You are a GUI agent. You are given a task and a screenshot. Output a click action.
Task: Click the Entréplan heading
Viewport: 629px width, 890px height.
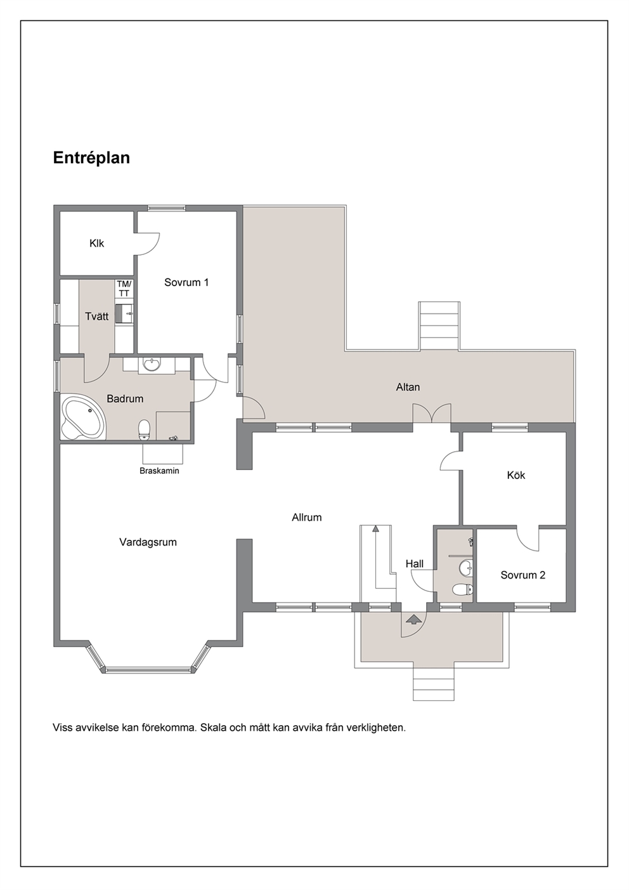click(x=91, y=158)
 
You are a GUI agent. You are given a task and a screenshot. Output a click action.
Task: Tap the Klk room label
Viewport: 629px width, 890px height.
click(x=96, y=243)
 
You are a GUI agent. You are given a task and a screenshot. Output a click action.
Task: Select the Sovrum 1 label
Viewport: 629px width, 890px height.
click(x=186, y=282)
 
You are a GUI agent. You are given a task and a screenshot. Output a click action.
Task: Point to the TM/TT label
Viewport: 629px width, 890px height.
click(x=124, y=289)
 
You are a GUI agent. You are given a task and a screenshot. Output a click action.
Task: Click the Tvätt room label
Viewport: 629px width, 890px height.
click(x=96, y=317)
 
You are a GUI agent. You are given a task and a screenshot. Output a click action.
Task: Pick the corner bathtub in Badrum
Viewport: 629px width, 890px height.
click(x=84, y=417)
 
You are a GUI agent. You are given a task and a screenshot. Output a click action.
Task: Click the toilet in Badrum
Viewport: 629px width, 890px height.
click(x=144, y=430)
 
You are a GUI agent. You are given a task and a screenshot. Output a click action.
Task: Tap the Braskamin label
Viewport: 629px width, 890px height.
click(x=159, y=471)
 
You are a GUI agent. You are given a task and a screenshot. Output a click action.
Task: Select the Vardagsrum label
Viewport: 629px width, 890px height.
click(x=148, y=542)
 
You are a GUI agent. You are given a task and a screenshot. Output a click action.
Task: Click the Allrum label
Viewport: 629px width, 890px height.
click(x=306, y=517)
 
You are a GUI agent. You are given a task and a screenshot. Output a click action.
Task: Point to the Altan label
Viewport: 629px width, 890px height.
click(x=408, y=387)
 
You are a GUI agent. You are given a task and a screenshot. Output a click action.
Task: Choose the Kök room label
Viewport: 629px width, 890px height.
click(x=516, y=475)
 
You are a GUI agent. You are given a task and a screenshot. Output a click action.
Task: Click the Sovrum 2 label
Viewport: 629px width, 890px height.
click(x=522, y=575)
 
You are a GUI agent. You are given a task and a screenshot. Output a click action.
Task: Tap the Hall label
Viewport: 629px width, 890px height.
click(x=415, y=564)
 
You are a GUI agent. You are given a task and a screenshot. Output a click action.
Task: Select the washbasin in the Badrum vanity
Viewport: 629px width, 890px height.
click(x=152, y=365)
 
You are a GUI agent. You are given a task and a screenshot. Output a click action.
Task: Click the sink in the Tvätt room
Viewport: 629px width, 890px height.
click(x=124, y=313)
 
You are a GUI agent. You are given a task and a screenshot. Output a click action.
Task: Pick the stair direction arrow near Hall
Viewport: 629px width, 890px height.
click(x=375, y=556)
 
